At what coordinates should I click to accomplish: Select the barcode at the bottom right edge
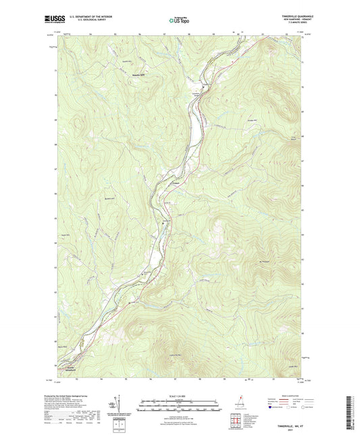(354, 405)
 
